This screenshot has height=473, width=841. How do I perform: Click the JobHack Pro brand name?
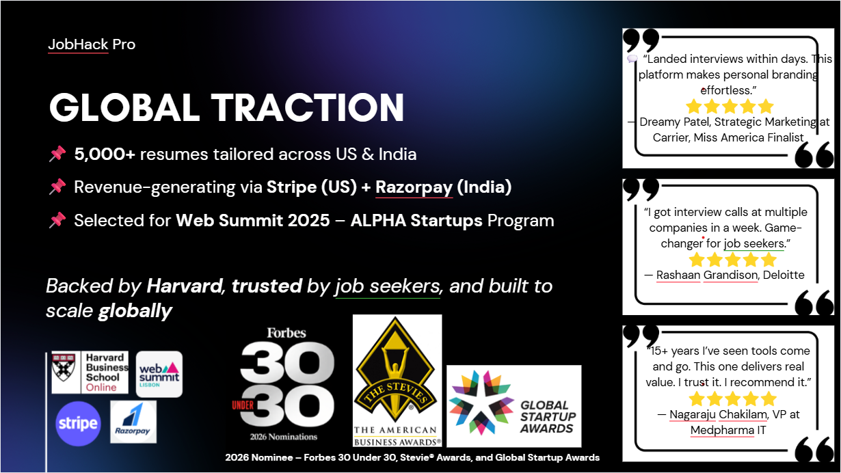click(x=92, y=44)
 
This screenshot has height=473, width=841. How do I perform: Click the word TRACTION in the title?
click(x=307, y=107)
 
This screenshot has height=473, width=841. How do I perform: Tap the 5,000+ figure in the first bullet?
click(x=105, y=154)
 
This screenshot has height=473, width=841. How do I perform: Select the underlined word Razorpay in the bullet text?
click(x=414, y=187)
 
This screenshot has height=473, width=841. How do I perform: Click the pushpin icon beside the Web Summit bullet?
click(x=57, y=220)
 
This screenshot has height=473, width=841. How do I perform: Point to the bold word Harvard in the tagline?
click(x=184, y=286)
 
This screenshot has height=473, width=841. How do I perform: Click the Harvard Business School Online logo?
click(x=90, y=372)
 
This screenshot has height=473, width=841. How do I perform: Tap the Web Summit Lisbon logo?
click(x=159, y=374)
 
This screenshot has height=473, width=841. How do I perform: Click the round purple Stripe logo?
click(x=78, y=424)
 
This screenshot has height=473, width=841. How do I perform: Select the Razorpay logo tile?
click(x=133, y=422)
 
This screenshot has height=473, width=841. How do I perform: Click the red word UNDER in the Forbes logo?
click(x=243, y=405)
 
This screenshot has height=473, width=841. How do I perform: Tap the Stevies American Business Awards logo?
click(x=397, y=381)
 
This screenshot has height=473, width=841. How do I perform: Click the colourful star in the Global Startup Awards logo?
click(x=481, y=403)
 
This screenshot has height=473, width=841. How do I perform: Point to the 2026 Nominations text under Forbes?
click(x=284, y=437)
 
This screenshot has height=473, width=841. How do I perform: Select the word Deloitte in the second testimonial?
click(x=784, y=275)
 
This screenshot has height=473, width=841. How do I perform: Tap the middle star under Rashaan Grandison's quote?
click(x=732, y=260)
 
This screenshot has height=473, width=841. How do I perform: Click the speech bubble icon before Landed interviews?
click(x=632, y=59)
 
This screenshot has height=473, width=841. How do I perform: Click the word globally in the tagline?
click(x=135, y=311)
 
